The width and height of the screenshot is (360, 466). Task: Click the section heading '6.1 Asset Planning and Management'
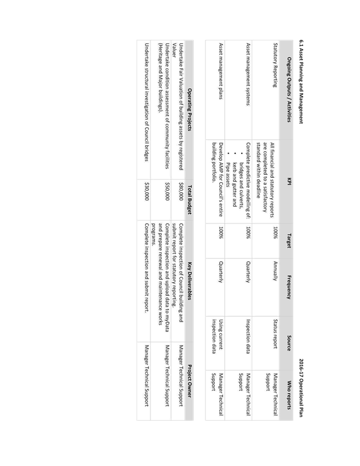coord(301,82)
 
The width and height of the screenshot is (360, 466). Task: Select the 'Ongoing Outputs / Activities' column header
coord(289,89)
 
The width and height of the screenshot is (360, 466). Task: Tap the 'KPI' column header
coord(289,181)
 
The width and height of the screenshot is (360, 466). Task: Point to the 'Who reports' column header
coord(289,395)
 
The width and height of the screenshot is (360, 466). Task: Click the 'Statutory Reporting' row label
coord(276,65)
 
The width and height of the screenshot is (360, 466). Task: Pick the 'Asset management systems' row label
coord(248,74)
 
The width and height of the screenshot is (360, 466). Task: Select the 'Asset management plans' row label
coord(220,71)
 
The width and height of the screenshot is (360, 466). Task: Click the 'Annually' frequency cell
coord(276,271)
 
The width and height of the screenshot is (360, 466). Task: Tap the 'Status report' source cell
coord(276,333)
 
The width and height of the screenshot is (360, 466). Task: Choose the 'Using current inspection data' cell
coord(217,336)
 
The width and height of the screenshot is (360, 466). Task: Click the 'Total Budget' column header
coord(189,199)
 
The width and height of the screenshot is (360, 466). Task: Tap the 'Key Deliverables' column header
coord(189,281)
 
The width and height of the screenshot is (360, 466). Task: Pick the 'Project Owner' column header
coord(189,381)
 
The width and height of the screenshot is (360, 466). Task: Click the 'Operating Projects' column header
coord(189,109)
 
